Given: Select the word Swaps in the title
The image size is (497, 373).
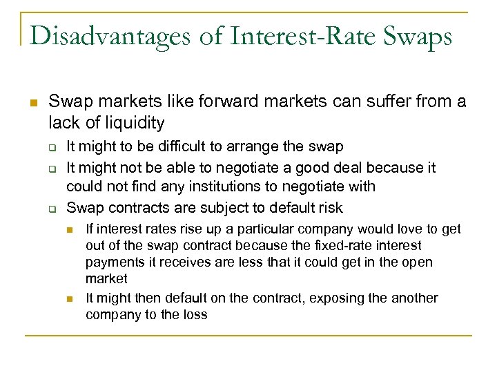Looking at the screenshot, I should [417, 35].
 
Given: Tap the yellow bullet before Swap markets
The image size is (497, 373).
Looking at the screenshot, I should [32, 102].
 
